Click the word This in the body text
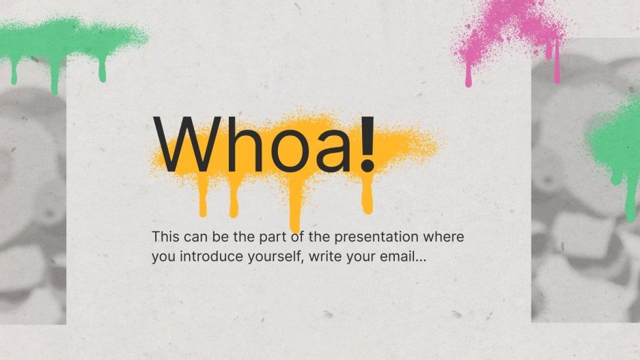pyautogui.click(x=166, y=238)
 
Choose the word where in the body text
pyautogui.click(x=448, y=238)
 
